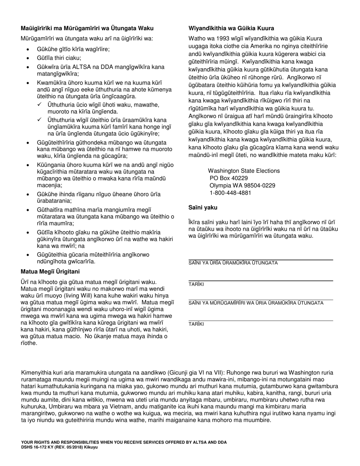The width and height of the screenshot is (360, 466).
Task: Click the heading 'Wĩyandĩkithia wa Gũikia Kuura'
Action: click(x=231, y=28)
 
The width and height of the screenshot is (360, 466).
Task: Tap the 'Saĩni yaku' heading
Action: click(x=203, y=208)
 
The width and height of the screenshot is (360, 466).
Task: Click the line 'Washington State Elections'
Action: click(x=244, y=171)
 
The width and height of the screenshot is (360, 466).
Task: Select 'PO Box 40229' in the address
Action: click(x=229, y=178)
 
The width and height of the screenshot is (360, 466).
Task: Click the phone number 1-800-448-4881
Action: click(x=230, y=193)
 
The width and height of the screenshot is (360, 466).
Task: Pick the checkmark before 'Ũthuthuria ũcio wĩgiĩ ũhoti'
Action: click(x=40, y=105)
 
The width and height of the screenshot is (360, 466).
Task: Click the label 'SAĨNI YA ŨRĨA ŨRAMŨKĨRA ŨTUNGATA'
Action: click(x=233, y=263)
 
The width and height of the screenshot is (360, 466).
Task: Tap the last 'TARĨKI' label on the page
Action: click(x=196, y=324)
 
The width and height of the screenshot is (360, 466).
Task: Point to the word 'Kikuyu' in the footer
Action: click(x=92, y=447)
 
